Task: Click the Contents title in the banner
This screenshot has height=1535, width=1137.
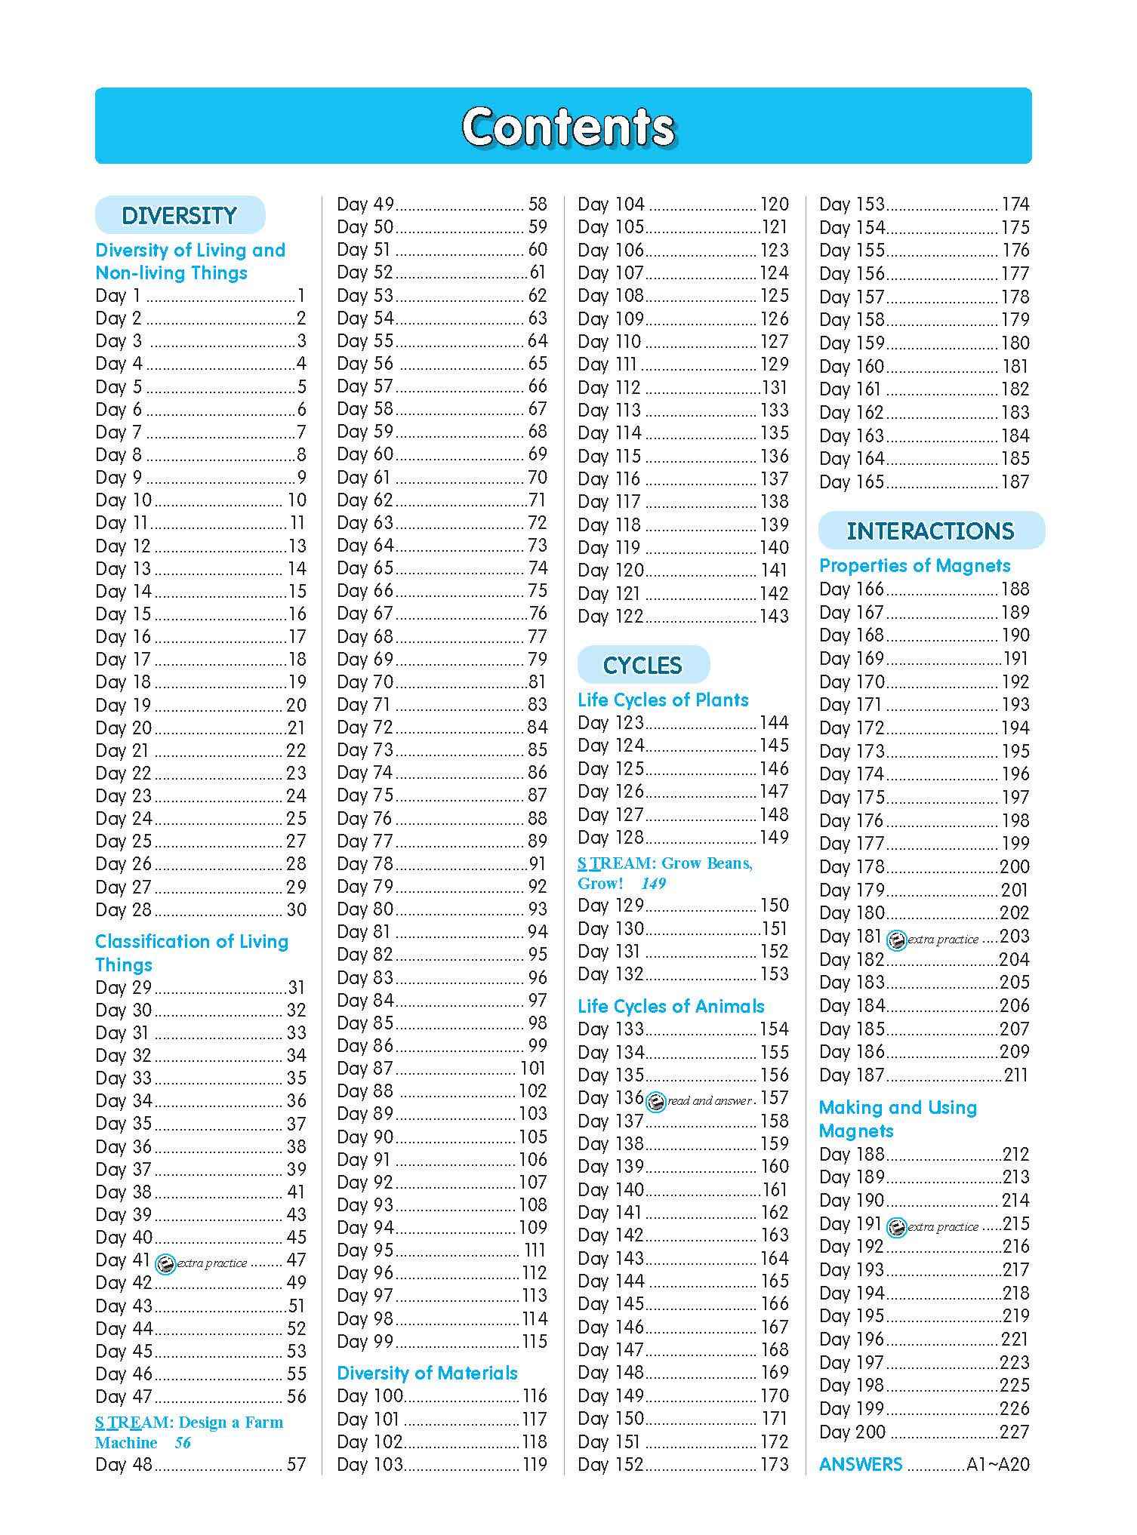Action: [x=568, y=127]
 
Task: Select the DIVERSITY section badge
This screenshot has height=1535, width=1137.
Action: [x=180, y=216]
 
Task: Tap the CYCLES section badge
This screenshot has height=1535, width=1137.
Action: [x=642, y=666]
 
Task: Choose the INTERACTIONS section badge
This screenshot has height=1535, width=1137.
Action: [x=930, y=531]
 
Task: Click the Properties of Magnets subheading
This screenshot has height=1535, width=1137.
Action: [x=914, y=566]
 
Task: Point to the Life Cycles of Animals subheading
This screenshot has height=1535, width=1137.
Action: [x=670, y=1007]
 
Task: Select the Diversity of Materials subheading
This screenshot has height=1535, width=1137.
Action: [x=427, y=1374]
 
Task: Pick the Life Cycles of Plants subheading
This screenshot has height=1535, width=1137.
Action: [x=663, y=700]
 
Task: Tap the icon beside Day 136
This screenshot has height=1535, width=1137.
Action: [x=656, y=1102]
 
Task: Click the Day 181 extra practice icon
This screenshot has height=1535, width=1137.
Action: [x=896, y=940]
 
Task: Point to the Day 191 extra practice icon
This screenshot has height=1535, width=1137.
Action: [x=896, y=1228]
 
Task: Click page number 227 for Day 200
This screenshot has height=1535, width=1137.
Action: [x=1015, y=1432]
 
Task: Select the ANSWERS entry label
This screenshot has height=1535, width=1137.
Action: [x=861, y=1465]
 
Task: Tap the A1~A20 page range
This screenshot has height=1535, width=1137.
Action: [x=998, y=1465]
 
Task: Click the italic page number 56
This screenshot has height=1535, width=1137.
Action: [x=183, y=1443]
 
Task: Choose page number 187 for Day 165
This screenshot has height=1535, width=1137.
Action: [x=1015, y=482]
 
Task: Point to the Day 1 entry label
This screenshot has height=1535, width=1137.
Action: [x=118, y=296]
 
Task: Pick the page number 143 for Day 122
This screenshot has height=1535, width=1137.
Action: [x=774, y=617]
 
